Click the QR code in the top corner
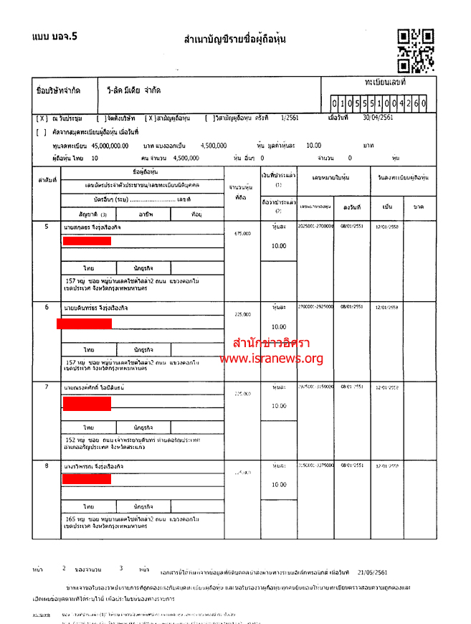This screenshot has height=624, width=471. [416, 50]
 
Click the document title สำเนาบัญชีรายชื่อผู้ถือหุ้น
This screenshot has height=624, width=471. [235, 39]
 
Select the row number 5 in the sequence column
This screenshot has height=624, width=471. [47, 227]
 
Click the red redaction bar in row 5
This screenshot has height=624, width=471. [87, 240]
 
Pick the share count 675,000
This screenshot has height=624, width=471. [242, 233]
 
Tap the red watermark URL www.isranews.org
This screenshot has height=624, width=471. [271, 359]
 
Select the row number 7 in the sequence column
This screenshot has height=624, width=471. [47, 387]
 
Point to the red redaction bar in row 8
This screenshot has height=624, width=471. [86, 478]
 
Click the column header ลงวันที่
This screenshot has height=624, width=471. [351, 207]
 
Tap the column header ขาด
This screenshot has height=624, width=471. [419, 207]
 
